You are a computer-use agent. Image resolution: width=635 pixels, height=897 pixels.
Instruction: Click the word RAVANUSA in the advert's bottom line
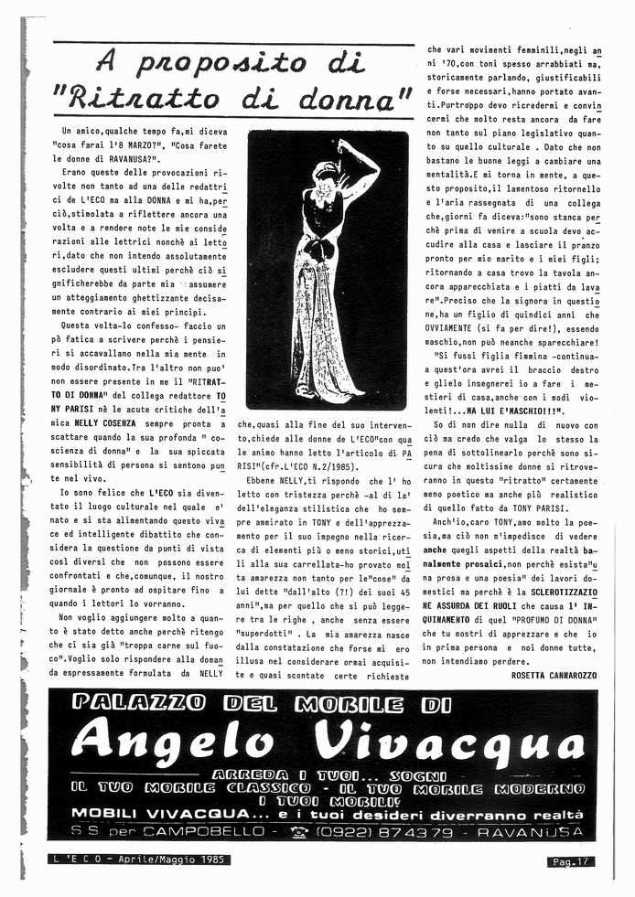(x=532, y=830)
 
